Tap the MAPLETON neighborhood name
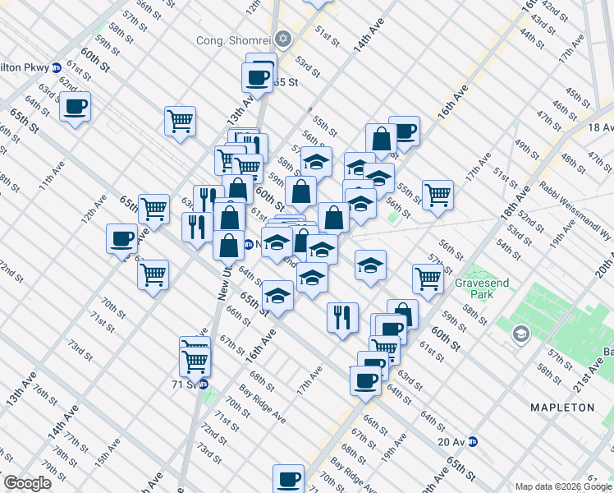point(562,407)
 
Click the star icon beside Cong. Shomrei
point(283,39)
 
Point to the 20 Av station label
point(451,441)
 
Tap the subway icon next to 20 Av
point(474,441)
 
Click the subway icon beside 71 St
point(203,384)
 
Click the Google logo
point(28,482)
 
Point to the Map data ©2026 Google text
point(563,486)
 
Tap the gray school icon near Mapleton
point(520,334)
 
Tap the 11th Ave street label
point(57,179)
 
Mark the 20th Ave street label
point(604,263)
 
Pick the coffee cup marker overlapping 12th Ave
point(121,239)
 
